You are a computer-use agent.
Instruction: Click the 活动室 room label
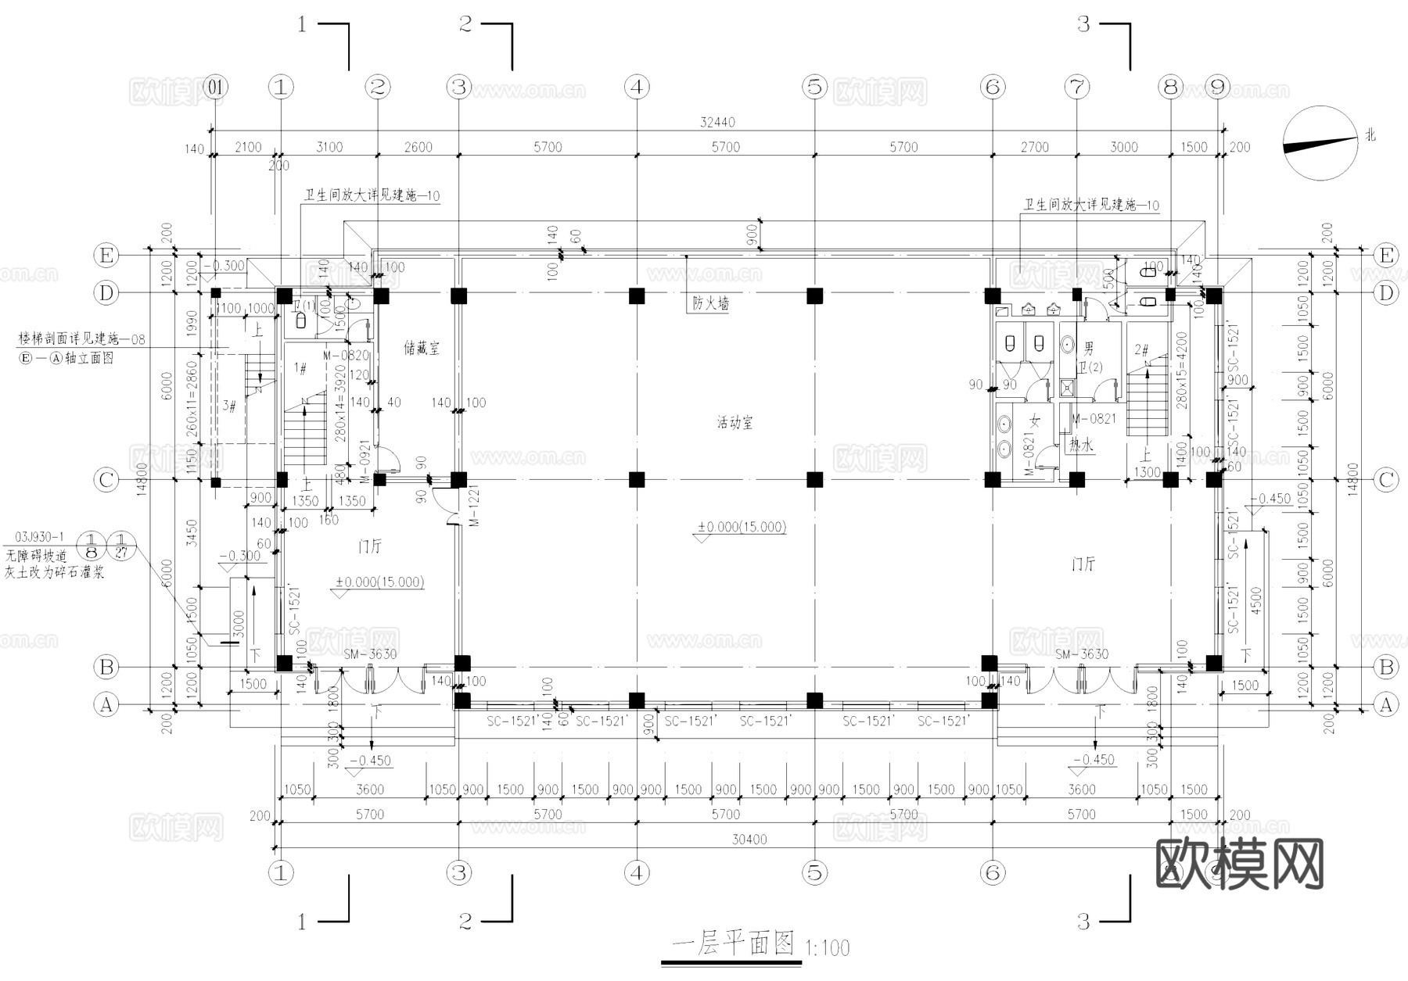pos(735,423)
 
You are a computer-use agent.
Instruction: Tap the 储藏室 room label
pos(422,349)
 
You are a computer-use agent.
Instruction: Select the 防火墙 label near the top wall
pos(710,303)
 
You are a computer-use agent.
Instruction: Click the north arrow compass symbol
pos(1320,144)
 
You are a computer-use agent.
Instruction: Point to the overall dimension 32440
pos(717,123)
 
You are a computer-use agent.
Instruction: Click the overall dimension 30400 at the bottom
pos(749,840)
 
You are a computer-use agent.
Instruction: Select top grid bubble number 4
pos(637,87)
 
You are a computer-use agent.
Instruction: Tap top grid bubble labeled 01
pos(215,87)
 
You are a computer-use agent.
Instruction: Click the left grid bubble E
pos(106,256)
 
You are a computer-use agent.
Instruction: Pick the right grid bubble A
pos(1385,705)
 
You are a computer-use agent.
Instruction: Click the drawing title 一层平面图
pos(733,943)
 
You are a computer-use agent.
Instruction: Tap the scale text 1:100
pos(827,949)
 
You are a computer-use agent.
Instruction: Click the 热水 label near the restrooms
pos(1081,445)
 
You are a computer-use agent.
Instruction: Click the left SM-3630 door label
pos(370,654)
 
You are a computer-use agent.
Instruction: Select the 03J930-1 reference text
pos(39,538)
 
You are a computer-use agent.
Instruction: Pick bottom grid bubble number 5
pos(815,872)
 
